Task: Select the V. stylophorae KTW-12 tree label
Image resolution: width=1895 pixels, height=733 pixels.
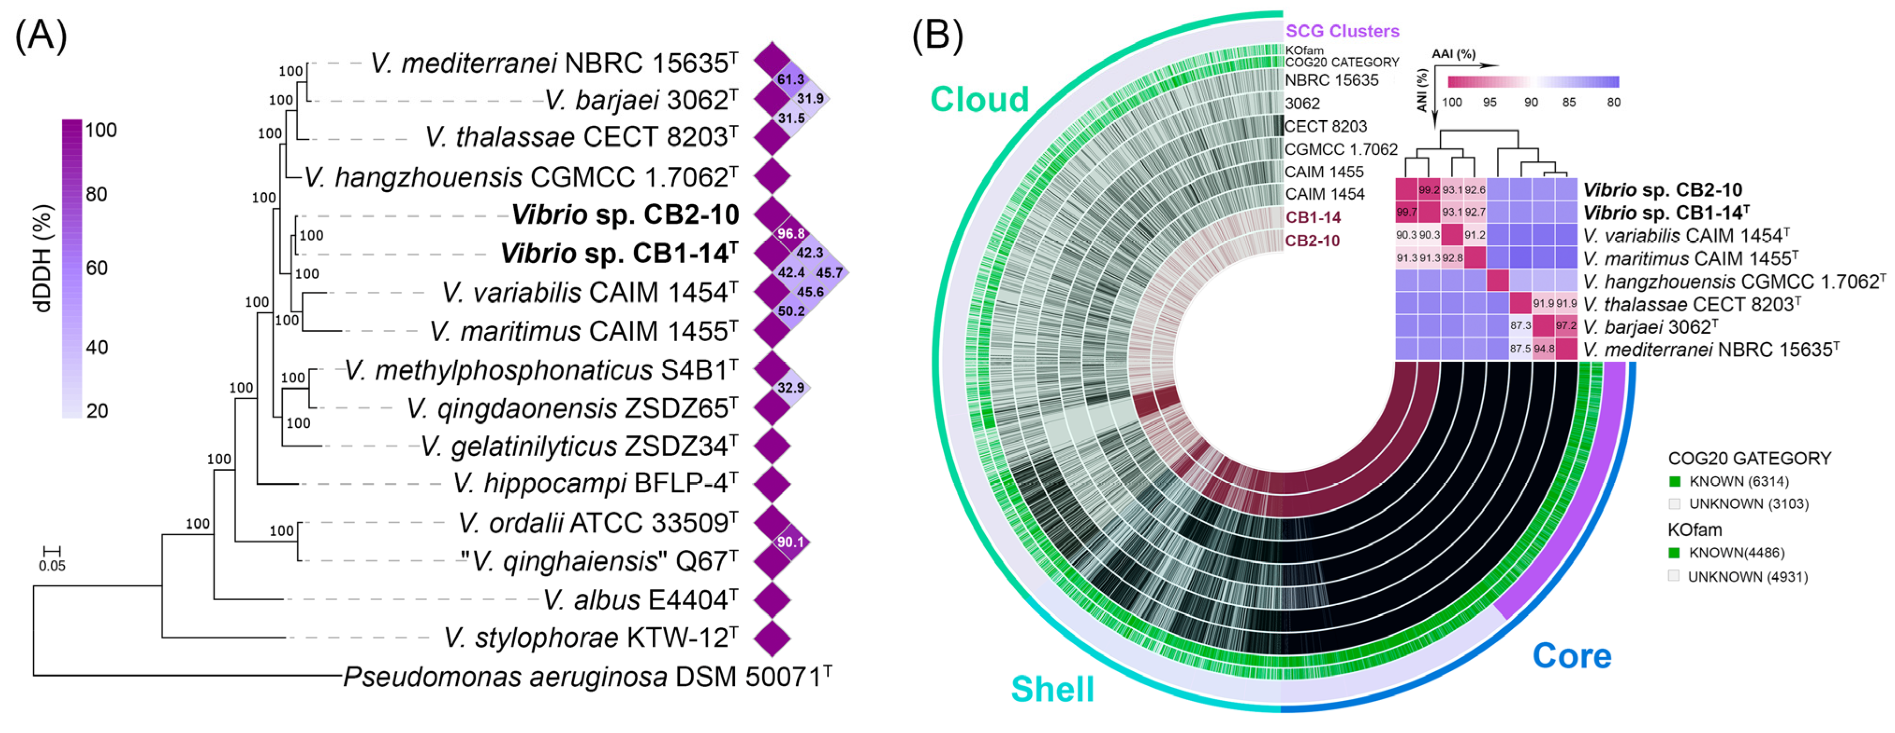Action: [590, 638]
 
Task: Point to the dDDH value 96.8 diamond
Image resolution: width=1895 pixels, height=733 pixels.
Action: [791, 234]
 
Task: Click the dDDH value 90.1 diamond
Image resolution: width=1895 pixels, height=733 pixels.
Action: [791, 542]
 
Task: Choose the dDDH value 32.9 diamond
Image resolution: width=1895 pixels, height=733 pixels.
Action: [791, 388]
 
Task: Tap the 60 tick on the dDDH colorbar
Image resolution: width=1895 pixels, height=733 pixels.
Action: [96, 267]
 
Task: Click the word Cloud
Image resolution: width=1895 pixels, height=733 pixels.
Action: [979, 99]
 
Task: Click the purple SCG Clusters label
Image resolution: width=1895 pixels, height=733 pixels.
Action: [1342, 31]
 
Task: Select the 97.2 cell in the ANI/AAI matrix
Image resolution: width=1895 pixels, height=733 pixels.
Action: [1566, 326]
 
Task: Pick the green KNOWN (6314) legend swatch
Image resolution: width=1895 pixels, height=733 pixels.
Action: [1675, 481]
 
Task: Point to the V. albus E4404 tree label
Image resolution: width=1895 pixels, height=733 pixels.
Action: [640, 600]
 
